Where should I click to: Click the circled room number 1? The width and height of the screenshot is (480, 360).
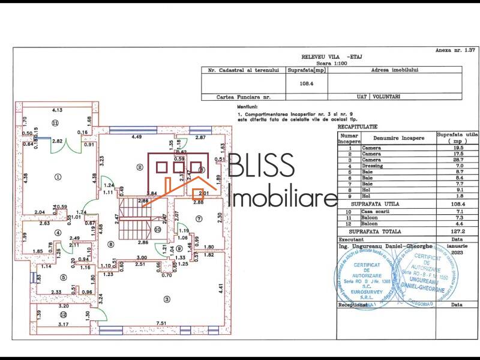[x=58, y=176]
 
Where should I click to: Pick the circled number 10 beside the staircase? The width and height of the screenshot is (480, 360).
[x=157, y=229]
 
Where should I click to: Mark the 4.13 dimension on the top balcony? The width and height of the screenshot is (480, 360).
[x=58, y=110]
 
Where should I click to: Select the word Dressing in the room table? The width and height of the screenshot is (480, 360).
[x=372, y=166]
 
